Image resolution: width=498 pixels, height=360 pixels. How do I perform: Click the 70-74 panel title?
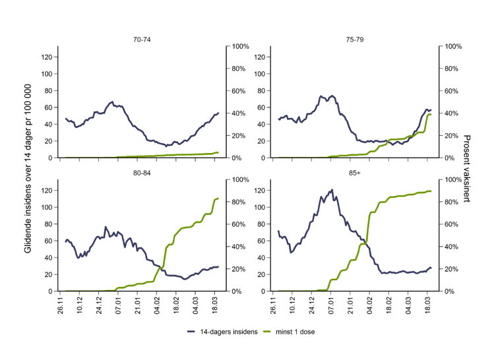141,39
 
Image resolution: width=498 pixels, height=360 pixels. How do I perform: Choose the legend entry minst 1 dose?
292,332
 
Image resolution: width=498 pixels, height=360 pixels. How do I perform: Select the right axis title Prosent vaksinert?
466,169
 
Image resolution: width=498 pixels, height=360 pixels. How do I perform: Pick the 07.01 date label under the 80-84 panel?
118,307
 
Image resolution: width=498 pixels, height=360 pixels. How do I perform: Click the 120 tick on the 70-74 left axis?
47,57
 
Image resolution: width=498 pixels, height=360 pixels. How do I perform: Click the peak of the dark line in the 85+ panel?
331,190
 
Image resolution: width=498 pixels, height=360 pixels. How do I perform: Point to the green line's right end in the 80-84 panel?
218,198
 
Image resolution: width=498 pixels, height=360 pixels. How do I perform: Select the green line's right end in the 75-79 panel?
431,114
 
